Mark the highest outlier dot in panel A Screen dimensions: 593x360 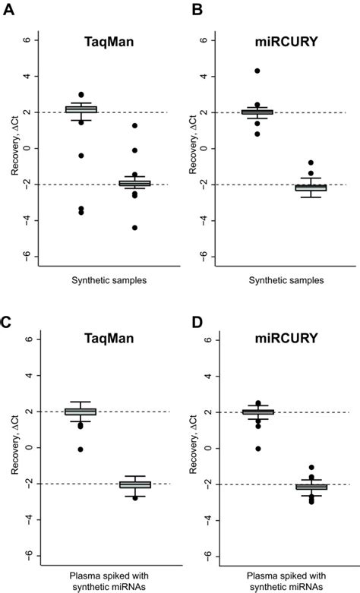[x=81, y=95]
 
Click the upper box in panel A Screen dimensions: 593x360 [x=81, y=109]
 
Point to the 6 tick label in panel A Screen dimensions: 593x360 [x=27, y=40]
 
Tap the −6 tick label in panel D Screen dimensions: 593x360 [x=202, y=556]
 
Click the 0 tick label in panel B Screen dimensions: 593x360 [x=204, y=148]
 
